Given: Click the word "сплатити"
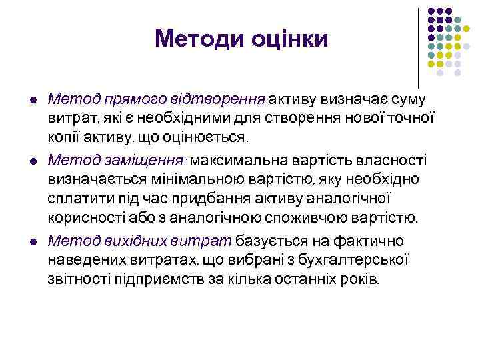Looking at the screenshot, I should coord(75,199).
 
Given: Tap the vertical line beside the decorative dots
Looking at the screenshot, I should coord(418,47).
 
